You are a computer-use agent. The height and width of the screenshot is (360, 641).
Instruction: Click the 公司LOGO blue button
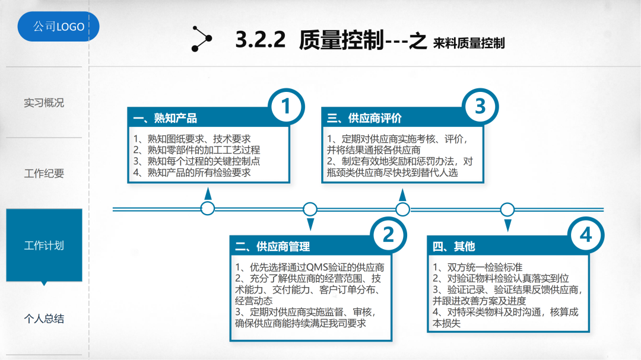click(x=58, y=27)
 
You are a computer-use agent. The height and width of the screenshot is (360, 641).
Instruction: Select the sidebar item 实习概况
click(x=44, y=103)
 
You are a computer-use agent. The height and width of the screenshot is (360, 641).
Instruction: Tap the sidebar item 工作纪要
click(x=44, y=174)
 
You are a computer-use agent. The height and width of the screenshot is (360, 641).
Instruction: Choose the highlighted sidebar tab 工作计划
click(x=44, y=245)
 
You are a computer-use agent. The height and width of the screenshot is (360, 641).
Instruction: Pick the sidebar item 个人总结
click(x=44, y=319)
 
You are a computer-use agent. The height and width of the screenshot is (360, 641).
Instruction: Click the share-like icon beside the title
click(x=202, y=39)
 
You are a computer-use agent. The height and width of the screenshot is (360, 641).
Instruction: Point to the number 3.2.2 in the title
click(x=261, y=40)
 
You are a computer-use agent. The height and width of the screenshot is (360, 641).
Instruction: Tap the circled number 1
click(x=286, y=107)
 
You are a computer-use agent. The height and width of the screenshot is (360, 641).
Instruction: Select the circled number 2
click(x=388, y=235)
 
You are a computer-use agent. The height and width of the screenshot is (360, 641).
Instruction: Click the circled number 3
click(x=480, y=107)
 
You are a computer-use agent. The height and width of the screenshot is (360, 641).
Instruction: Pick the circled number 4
click(x=586, y=235)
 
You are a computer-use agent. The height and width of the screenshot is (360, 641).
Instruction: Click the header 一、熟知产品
click(x=165, y=119)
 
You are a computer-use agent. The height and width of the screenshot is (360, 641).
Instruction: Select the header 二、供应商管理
click(x=272, y=247)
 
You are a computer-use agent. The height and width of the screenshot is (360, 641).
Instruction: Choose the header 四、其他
click(x=454, y=247)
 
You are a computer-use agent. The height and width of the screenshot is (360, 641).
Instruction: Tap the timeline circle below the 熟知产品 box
click(x=208, y=208)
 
